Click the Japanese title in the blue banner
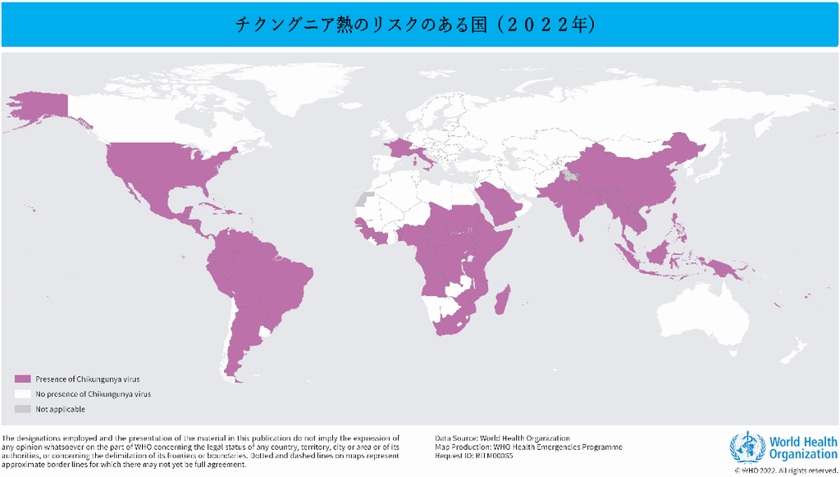coord(415,25)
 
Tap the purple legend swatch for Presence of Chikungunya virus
coord(22,379)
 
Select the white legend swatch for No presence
coord(22,393)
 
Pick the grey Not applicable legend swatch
coord(22,409)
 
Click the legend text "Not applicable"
coord(61,409)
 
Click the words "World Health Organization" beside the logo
coord(803,448)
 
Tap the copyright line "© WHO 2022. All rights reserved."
coord(786,471)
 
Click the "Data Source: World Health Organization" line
coord(502,438)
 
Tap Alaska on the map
coord(37,111)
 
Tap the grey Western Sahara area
coord(362,199)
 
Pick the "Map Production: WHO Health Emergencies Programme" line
coord(528,447)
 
